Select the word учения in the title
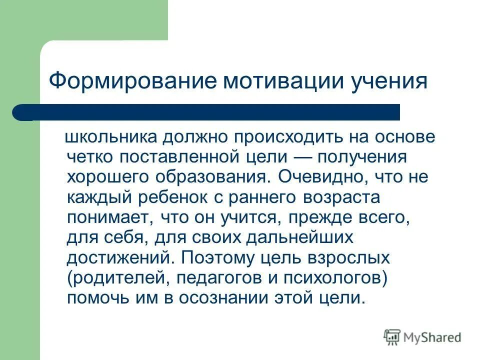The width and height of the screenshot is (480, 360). pyautogui.click(x=385, y=81)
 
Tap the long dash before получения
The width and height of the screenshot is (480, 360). pyautogui.click(x=313, y=157)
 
